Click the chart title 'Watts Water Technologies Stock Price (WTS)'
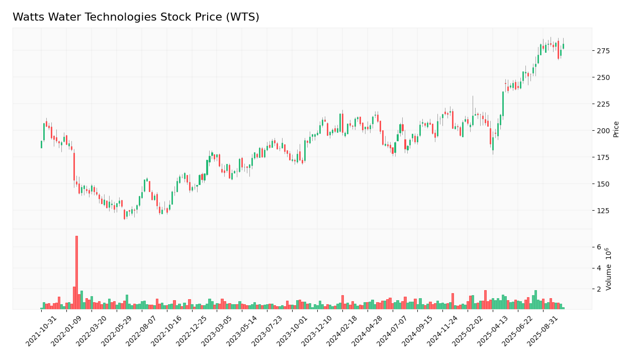click(136, 17)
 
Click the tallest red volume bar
click(76, 272)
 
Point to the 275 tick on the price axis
click(603, 51)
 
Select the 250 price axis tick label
click(603, 77)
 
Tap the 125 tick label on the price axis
click(603, 211)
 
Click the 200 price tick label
click(603, 131)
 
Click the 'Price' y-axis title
click(616, 129)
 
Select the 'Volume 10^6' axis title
click(609, 268)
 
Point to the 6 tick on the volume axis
click(599, 247)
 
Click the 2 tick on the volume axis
click(599, 289)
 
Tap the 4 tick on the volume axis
click(599, 268)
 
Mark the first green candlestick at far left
click(41, 144)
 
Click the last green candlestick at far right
click(563, 46)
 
